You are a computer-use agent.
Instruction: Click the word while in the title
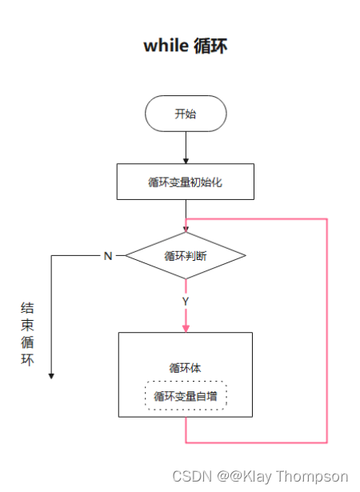coord(166,46)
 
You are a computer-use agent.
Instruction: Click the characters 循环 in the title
coord(210,46)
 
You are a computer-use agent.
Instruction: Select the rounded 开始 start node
coord(186,114)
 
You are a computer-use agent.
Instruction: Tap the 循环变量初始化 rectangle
coord(186,182)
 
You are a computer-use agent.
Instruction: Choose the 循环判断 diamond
coord(186,256)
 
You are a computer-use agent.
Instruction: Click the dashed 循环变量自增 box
coord(186,396)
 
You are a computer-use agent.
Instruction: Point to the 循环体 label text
coord(186,368)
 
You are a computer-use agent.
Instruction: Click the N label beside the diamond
coord(107,256)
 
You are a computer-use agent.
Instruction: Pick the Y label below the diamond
coord(186,302)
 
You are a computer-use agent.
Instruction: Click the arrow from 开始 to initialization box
coord(186,147)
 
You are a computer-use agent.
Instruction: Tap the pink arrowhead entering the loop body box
coord(186,326)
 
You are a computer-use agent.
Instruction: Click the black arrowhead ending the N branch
coord(51,374)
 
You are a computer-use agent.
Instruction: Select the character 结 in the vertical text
coord(27,308)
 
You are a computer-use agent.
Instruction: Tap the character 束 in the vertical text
coord(27,326)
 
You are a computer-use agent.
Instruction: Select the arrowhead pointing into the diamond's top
coord(186,228)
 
